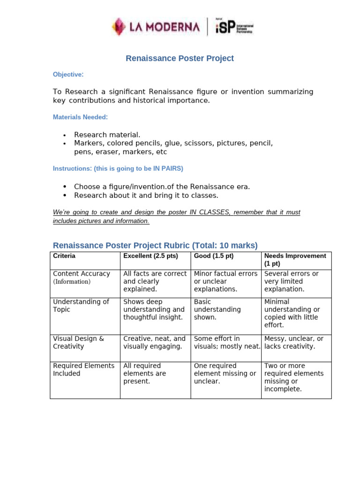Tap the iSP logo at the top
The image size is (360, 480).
point(233,26)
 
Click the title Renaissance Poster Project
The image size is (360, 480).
point(180,59)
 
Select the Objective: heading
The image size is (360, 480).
point(68,75)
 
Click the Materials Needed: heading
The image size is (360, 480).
point(80,117)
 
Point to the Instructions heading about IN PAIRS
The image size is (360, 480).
point(118,168)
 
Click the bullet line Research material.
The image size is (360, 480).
point(107,135)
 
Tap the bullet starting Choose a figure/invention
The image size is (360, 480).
point(162,187)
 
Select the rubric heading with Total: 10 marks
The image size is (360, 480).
point(155,246)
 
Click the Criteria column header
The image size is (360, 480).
point(64,256)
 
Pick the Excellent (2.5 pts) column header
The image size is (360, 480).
point(150,256)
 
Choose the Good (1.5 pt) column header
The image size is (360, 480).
point(214,256)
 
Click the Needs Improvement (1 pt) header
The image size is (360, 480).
point(295,260)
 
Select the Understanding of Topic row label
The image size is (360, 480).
point(81,306)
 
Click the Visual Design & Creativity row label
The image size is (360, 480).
point(79,342)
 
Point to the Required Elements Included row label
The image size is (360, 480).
point(83,369)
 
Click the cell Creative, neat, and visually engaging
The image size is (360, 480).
point(154,342)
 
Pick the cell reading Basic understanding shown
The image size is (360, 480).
point(217,309)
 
